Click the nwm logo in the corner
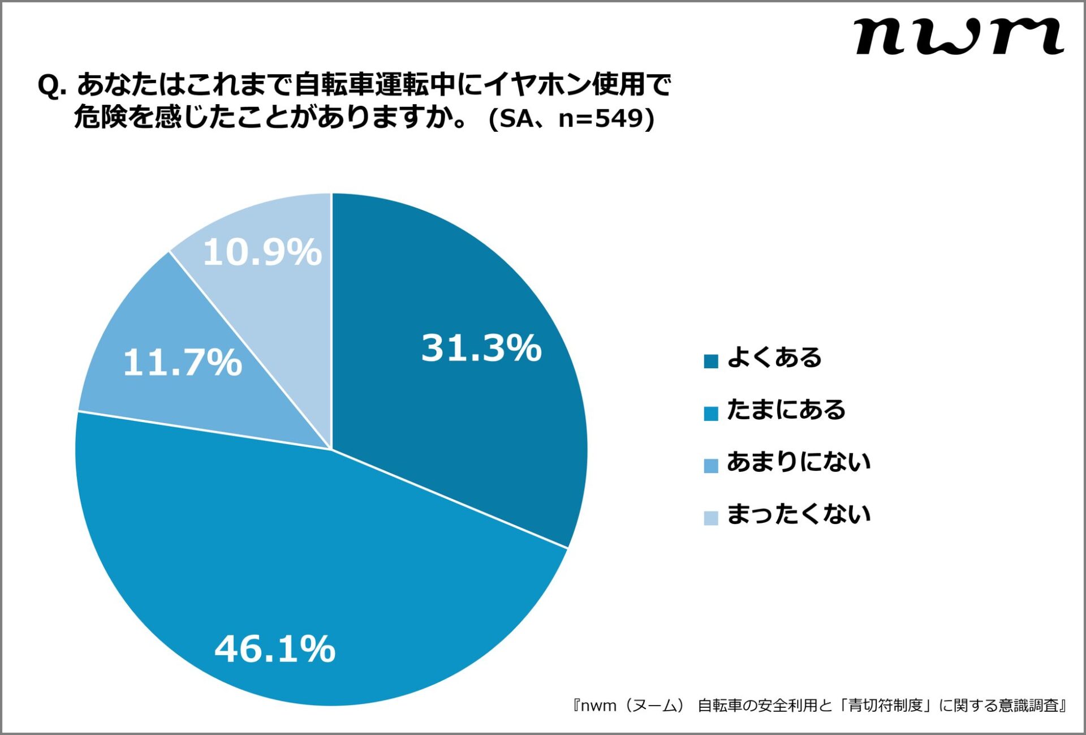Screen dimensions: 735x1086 [959, 36]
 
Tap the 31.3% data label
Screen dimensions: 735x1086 [481, 347]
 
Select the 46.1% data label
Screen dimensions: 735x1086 [275, 648]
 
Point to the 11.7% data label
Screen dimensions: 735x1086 [182, 362]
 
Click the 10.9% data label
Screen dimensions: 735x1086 [262, 252]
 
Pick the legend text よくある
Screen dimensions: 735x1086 [774, 358]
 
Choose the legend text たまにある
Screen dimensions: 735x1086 [786, 410]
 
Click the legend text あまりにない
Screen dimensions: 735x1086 [798, 462]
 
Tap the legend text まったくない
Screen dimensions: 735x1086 [798, 514]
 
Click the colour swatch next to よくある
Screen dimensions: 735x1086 [710, 361]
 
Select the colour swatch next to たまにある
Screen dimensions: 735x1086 [710, 413]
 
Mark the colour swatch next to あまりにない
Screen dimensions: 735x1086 [710, 465]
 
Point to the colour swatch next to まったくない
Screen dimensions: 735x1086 [710, 517]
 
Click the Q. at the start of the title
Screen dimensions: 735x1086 [52, 86]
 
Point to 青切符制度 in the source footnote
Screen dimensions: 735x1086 [885, 705]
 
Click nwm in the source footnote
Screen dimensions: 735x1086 [598, 706]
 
